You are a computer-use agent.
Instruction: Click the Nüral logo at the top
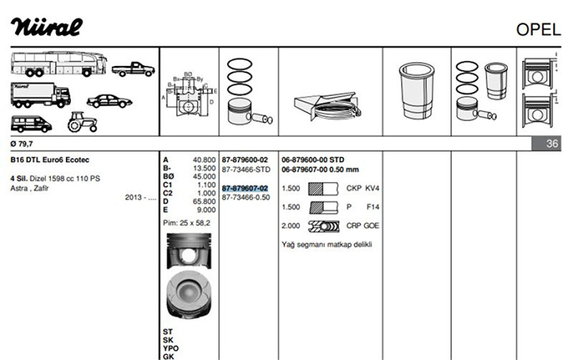pos(47,28)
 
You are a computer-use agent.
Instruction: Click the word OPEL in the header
pos(538,30)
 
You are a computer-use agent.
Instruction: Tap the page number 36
pos(552,144)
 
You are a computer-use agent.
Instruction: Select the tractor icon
pos(83,122)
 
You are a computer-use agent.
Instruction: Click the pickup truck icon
pos(133,69)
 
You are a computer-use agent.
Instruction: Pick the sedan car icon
pos(109,100)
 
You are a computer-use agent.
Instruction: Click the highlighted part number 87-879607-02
pos(245,188)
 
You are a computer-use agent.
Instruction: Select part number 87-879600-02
pos(245,160)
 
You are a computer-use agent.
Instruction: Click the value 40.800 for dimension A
pos(204,160)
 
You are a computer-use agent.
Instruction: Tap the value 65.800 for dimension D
pos(204,201)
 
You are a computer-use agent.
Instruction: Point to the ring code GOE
pos(371,226)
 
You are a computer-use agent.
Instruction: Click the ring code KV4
pos(372,188)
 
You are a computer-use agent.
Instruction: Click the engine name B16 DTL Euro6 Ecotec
pos(50,160)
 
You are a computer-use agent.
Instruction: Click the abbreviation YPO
pos(171,348)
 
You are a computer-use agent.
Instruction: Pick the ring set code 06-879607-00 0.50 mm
pos(320,169)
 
